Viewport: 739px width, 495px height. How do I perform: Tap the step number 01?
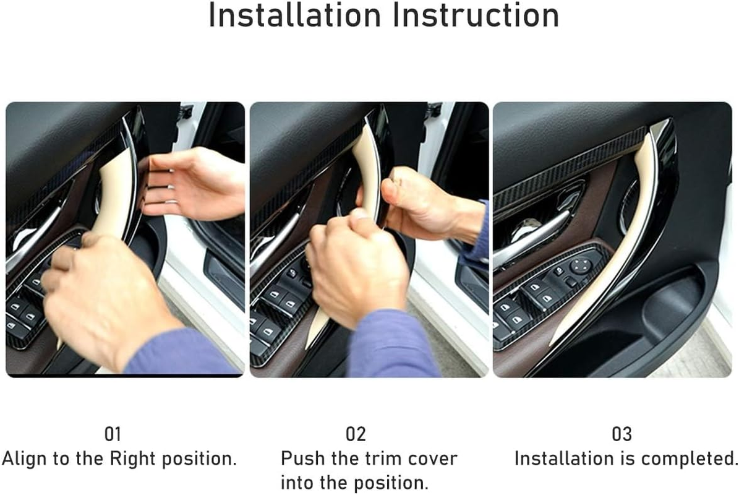113,434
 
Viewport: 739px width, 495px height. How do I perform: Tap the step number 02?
356,434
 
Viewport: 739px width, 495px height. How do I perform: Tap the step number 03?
622,434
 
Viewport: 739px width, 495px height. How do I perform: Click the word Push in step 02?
301,459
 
